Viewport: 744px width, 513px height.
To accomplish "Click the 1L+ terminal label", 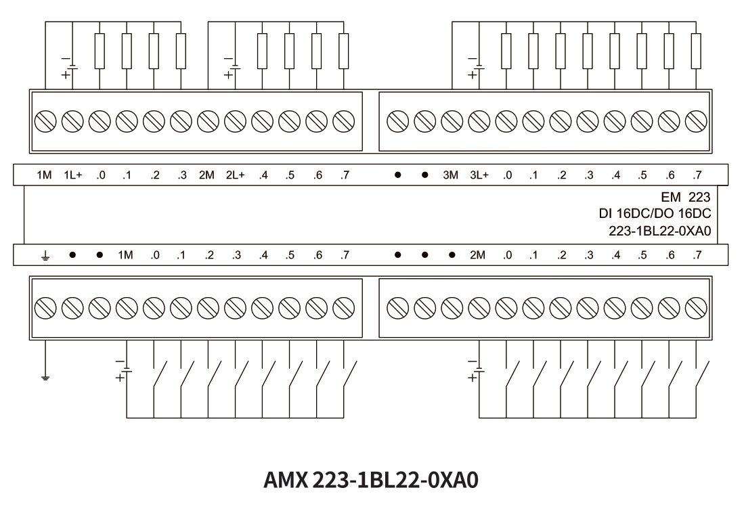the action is (x=73, y=175).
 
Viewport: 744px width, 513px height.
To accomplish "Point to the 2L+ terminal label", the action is (x=236, y=175).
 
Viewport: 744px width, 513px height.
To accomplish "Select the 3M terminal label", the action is (x=451, y=175).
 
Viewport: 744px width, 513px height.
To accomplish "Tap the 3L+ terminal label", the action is (x=479, y=175).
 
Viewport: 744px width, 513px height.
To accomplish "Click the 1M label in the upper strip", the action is (x=44, y=175).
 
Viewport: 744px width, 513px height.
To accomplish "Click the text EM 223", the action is (x=686, y=197).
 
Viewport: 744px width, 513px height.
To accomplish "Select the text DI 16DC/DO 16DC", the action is (x=655, y=214).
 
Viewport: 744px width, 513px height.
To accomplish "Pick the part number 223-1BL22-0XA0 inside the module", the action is (x=660, y=231).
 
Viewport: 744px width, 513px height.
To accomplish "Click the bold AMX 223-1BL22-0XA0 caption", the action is (x=371, y=481).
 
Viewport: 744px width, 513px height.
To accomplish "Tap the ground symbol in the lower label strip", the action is (x=45, y=256).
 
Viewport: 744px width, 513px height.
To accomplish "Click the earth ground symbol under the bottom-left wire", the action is (x=45, y=378).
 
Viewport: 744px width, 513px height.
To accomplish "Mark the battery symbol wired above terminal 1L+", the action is (x=70, y=66).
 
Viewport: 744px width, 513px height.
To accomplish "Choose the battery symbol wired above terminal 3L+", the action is (x=477, y=66).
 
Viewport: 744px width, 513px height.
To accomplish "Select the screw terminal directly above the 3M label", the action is (x=452, y=122).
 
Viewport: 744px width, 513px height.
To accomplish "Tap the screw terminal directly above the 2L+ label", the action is (x=236, y=122).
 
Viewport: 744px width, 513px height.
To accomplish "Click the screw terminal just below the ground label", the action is (x=45, y=308).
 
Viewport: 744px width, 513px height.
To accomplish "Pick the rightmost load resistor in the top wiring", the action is (x=696, y=51).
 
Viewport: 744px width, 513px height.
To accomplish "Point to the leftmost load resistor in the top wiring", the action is (x=100, y=51).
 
